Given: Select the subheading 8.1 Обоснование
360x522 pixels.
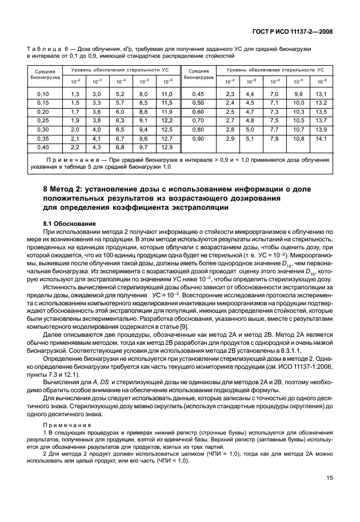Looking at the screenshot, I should coord(70,222).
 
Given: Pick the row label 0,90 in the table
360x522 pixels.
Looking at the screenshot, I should coord(198,139).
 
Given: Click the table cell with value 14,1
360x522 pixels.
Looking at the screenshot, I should coord(321,139).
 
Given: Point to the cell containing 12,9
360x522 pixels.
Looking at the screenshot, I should coord(167,148).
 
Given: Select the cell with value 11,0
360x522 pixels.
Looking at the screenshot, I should coord(167,94).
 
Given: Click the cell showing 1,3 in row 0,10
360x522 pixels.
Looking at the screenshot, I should coord(75,94).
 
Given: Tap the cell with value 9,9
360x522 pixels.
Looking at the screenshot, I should coord(299,94).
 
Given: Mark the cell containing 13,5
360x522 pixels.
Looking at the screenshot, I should coord(321,112).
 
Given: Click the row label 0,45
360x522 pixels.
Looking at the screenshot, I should coord(198,94).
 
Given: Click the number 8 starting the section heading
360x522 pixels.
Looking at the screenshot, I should coord(46,189).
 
